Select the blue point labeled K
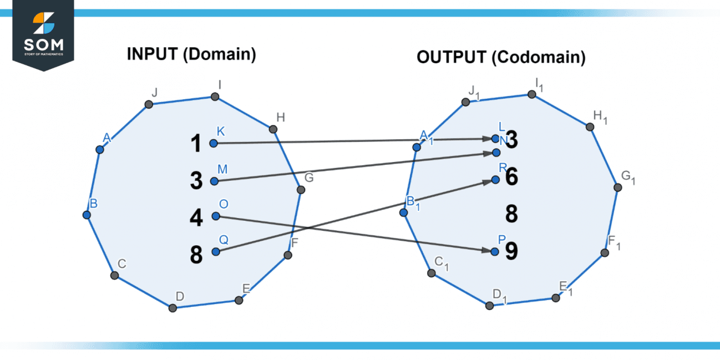click(x=214, y=144)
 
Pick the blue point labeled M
click(x=214, y=181)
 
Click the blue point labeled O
click(x=216, y=216)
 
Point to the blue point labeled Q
click(x=215, y=252)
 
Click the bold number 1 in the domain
click(x=196, y=144)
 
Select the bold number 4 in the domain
click(x=196, y=217)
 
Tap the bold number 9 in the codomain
click(x=511, y=251)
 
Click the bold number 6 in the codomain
click(x=511, y=177)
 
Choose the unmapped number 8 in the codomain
click(x=511, y=214)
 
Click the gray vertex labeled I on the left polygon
click(x=215, y=97)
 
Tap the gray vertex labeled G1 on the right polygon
click(x=617, y=187)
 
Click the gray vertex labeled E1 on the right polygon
click(x=556, y=298)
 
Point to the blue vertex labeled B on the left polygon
click(x=87, y=215)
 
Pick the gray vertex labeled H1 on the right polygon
click(x=590, y=127)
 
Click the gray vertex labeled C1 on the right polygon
click(x=431, y=272)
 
